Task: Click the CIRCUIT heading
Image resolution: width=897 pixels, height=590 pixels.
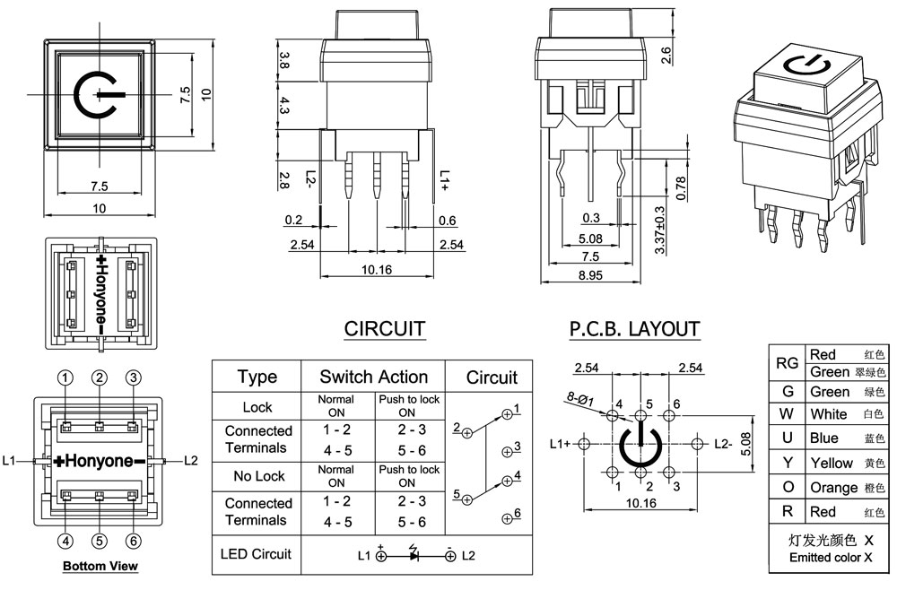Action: [385, 329]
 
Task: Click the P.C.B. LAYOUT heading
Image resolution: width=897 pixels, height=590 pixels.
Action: [634, 329]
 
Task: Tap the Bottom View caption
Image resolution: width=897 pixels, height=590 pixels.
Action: [100, 566]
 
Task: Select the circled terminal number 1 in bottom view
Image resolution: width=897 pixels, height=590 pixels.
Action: [65, 377]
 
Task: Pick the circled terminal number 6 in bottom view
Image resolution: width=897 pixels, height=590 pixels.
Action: [133, 541]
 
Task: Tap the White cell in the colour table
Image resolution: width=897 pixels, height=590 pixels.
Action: [828, 414]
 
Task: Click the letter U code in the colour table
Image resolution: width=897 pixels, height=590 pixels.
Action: [787, 438]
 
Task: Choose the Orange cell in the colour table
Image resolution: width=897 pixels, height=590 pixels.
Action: [833, 488]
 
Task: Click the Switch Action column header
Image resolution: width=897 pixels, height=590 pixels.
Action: [374, 377]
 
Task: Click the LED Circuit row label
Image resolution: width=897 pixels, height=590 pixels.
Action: [256, 554]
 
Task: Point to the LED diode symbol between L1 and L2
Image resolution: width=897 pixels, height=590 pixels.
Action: [414, 555]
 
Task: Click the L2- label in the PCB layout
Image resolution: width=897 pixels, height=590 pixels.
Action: [724, 443]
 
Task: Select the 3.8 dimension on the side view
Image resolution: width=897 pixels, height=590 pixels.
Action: [284, 61]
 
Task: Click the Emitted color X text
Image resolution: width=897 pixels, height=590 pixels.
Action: [831, 558]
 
